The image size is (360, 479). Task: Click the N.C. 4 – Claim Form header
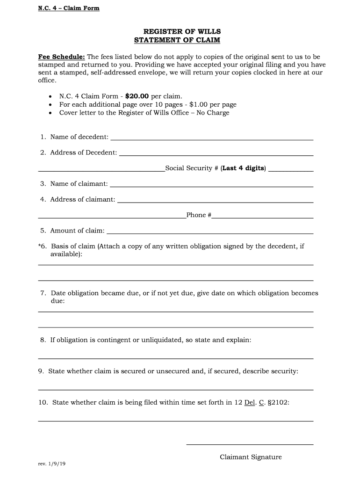coord(69,8)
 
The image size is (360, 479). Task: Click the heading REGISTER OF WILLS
coord(177,32)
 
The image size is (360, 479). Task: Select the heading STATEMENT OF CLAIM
coord(177,40)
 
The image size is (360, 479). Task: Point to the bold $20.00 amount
coord(137,97)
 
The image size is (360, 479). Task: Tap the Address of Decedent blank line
coord(216,155)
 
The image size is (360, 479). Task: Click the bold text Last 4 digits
coord(243,168)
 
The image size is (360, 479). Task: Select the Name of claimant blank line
coord(211,186)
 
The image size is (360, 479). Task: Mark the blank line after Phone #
coord(262,218)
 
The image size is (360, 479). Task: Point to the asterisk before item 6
coord(40,246)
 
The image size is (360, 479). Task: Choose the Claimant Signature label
coord(251,457)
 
